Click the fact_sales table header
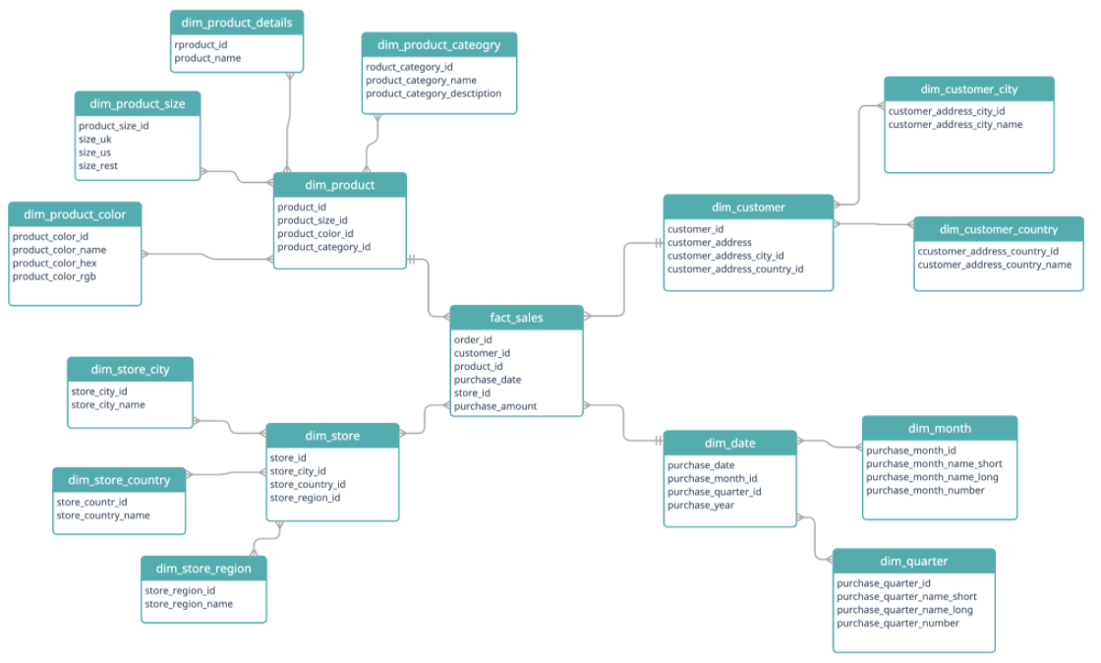tap(516, 318)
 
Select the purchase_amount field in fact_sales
tap(495, 406)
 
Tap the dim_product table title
tap(339, 185)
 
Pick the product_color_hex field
tap(54, 263)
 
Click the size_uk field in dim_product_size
tap(95, 140)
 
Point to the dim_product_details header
tap(236, 23)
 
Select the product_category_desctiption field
tap(434, 93)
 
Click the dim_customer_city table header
tap(968, 90)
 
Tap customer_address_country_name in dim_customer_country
tap(994, 265)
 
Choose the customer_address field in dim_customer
tap(710, 242)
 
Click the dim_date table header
tap(729, 443)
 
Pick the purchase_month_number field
tap(925, 490)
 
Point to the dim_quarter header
tap(913, 561)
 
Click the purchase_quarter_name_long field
tap(904, 610)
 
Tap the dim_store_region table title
tap(203, 569)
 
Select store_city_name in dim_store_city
tap(108, 404)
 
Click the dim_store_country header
tap(119, 480)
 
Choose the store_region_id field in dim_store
tap(305, 498)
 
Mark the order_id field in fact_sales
tap(473, 339)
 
